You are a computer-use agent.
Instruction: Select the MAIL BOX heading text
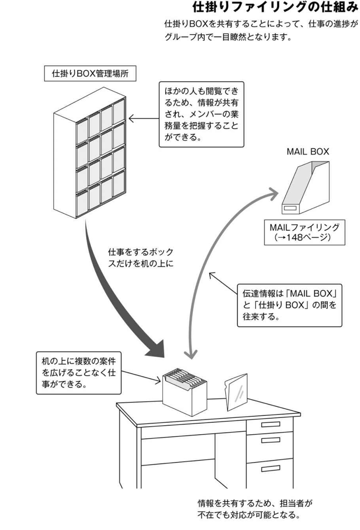tap(307, 152)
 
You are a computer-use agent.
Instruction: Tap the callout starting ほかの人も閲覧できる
tap(201, 114)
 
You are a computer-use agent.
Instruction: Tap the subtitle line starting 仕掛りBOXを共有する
tap(260, 24)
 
